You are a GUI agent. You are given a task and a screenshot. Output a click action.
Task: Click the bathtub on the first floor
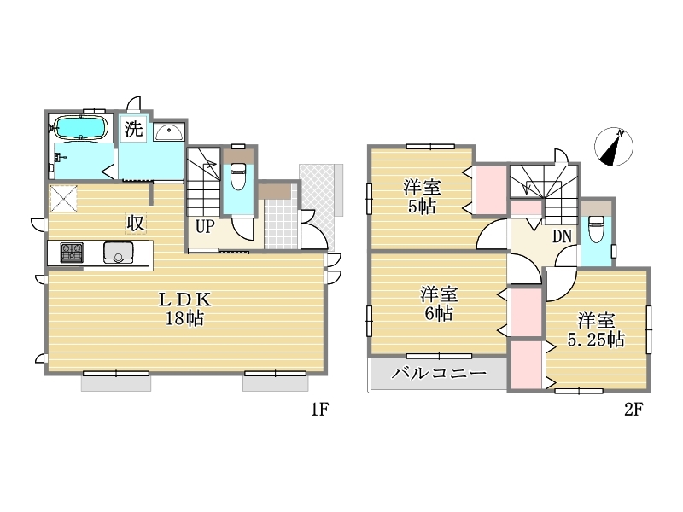pyautogui.click(x=81, y=128)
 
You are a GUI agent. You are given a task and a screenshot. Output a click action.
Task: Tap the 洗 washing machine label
pyautogui.click(x=134, y=129)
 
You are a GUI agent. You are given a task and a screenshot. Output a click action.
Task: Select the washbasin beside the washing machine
pyautogui.click(x=168, y=132)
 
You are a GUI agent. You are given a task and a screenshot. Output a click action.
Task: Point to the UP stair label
pyautogui.click(x=204, y=226)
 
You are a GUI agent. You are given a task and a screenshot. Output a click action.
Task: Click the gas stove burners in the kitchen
pyautogui.click(x=72, y=252)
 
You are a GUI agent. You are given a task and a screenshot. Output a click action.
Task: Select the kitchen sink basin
pyautogui.click(x=118, y=253)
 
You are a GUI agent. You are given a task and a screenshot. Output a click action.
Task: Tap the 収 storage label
pyautogui.click(x=136, y=224)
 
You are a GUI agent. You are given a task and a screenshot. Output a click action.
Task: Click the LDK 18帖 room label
pyautogui.click(x=184, y=310)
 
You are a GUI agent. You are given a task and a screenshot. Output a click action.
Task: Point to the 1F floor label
pyautogui.click(x=319, y=410)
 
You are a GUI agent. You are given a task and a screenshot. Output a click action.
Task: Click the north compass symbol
pyautogui.click(x=614, y=147)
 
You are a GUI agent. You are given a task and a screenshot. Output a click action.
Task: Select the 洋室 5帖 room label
pyautogui.click(x=422, y=197)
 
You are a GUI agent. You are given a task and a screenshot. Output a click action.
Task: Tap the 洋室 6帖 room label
pyautogui.click(x=439, y=304)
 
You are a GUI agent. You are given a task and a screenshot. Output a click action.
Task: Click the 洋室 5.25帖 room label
pyautogui.click(x=596, y=330)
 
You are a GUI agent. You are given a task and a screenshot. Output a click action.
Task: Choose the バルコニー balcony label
pyautogui.click(x=439, y=373)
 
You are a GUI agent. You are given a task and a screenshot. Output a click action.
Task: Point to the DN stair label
pyautogui.click(x=562, y=236)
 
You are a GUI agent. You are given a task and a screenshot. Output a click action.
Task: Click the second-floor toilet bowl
pyautogui.click(x=595, y=230)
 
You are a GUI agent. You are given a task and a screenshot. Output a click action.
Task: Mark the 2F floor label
pyautogui.click(x=633, y=410)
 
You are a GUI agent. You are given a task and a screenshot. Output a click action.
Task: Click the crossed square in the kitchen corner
pyautogui.click(x=64, y=199)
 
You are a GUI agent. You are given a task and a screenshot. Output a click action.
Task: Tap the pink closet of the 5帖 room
pyautogui.click(x=492, y=190)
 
